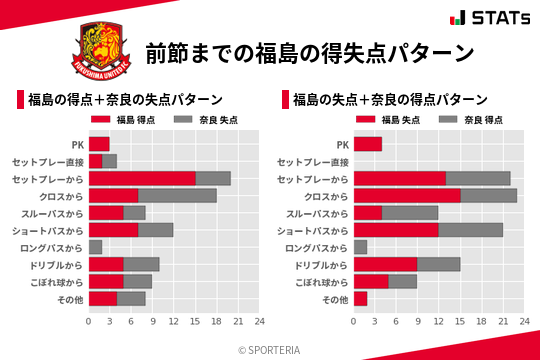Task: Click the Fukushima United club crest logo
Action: coord(98,51)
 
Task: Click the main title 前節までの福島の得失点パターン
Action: coord(308,52)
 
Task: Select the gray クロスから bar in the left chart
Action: coord(177,195)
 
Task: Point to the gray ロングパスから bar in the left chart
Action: coord(95,247)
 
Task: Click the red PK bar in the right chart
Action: coord(368,144)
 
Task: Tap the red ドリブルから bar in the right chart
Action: coord(386,264)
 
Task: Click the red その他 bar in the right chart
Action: coord(361,298)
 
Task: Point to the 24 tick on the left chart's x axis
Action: coord(259,322)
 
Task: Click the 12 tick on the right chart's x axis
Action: coord(439,322)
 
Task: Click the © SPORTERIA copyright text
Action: coord(270,349)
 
